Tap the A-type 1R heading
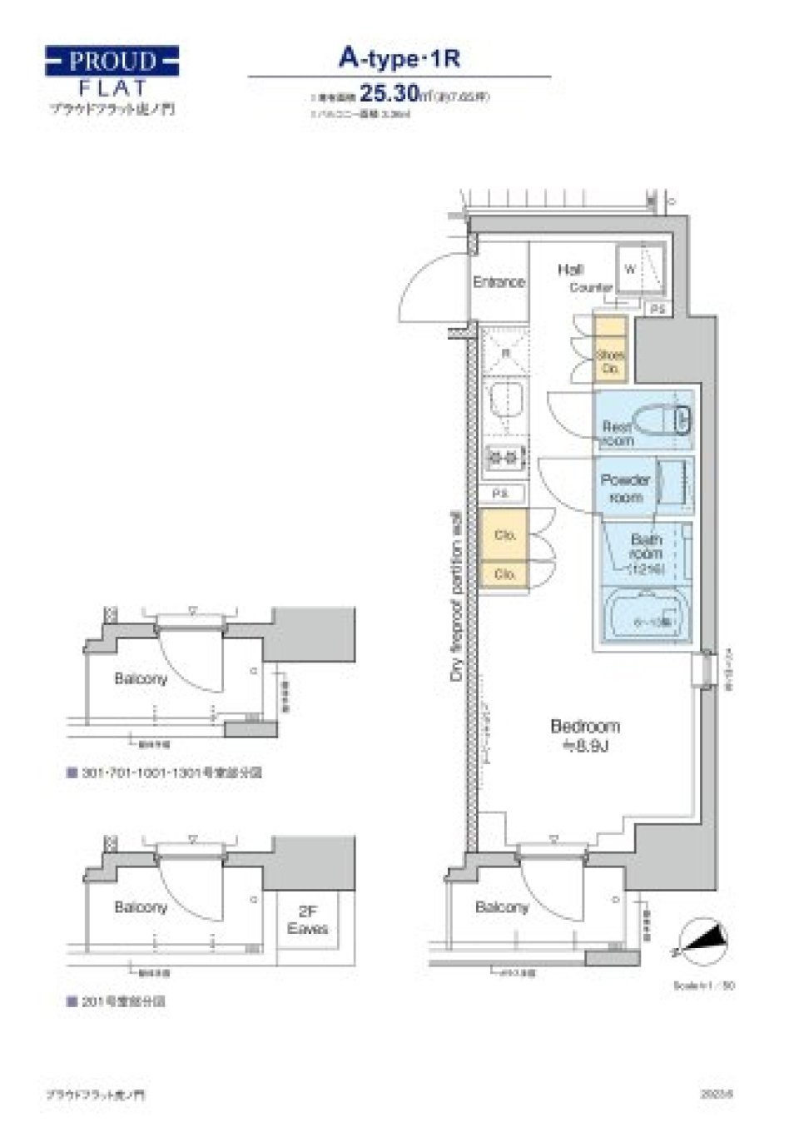click(399, 57)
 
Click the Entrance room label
click(499, 282)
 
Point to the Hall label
click(570, 269)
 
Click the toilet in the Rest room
click(662, 419)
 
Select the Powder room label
click(625, 489)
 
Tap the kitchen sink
click(505, 402)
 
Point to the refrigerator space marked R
click(504, 352)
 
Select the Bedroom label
click(585, 735)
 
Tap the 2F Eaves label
click(307, 920)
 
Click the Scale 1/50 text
click(703, 986)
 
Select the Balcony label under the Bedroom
click(502, 907)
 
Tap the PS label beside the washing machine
click(658, 309)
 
